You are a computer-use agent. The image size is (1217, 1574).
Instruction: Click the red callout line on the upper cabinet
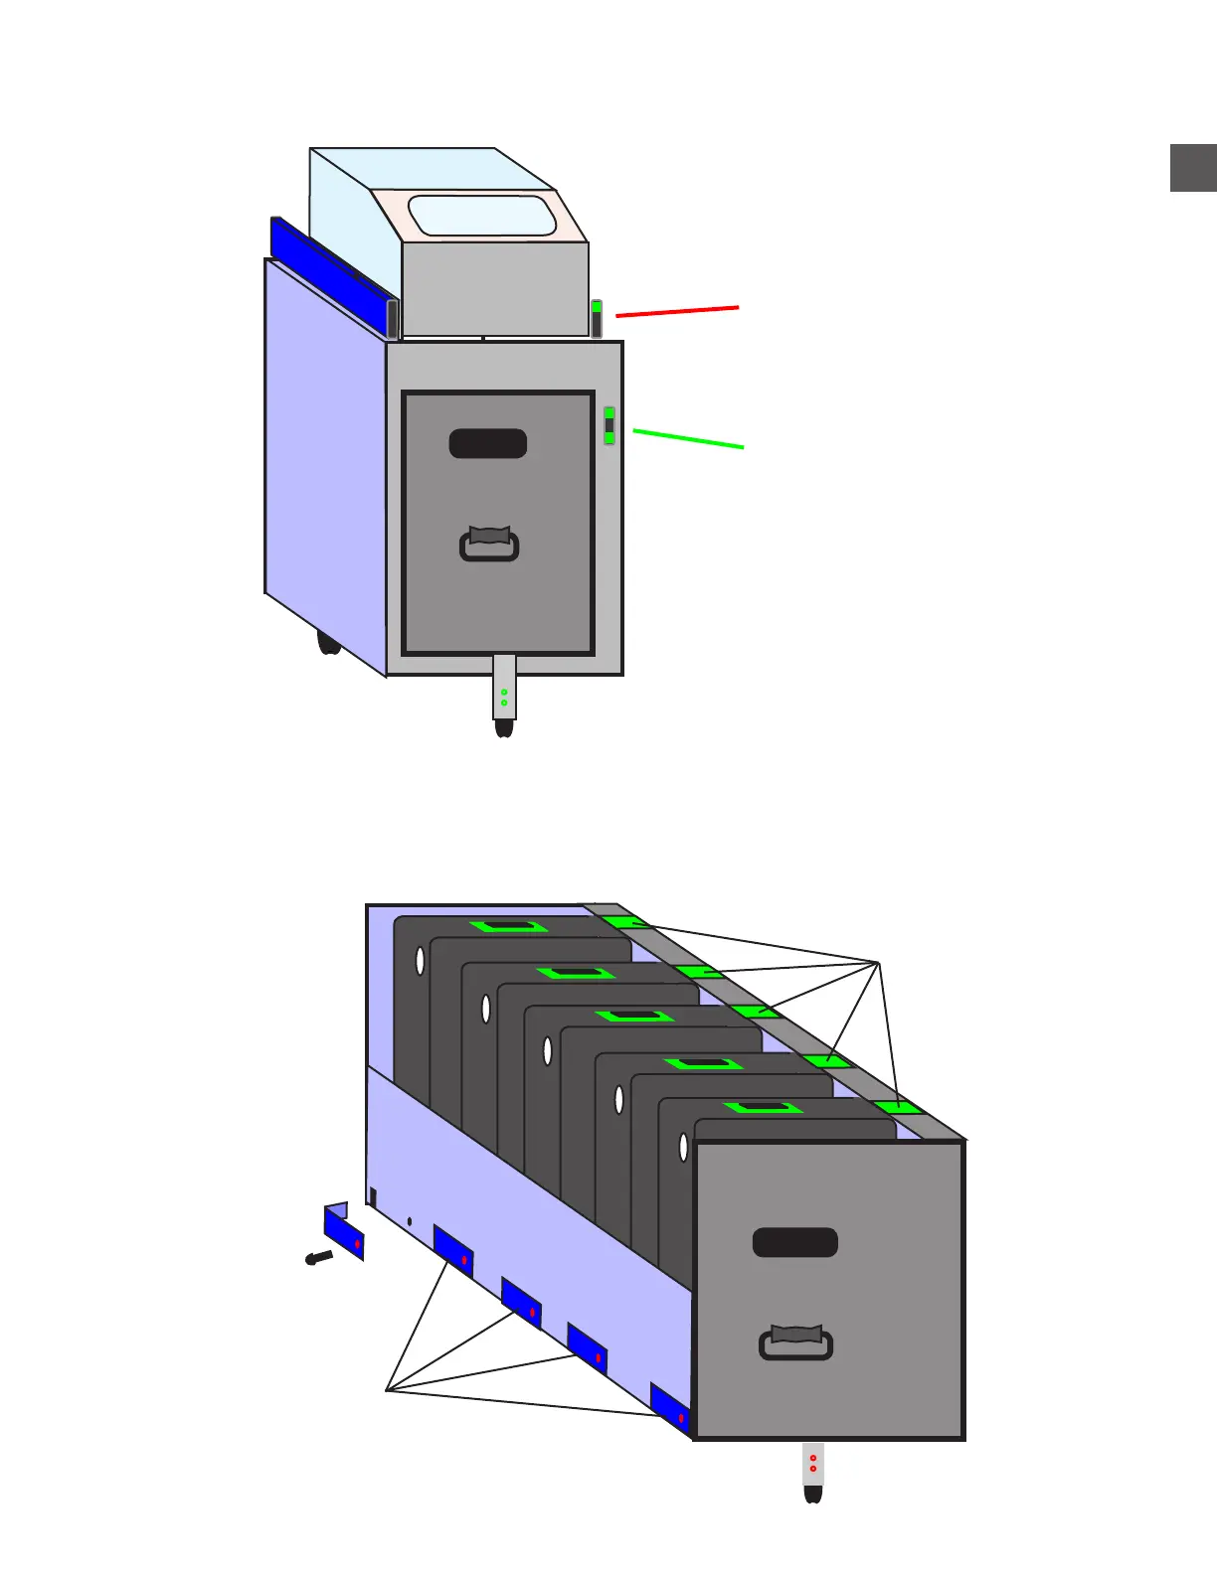point(677,312)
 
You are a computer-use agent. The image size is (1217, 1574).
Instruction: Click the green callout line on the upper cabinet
point(688,438)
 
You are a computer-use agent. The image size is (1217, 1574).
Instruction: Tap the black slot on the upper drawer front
point(487,443)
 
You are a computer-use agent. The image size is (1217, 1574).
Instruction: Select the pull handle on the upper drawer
point(489,545)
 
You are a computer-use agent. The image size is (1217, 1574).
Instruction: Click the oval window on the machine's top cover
point(482,216)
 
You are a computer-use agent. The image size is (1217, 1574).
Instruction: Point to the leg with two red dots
point(813,1465)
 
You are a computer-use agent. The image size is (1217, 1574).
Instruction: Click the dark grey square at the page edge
point(1193,167)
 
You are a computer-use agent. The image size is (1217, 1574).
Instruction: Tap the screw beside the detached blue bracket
point(318,1258)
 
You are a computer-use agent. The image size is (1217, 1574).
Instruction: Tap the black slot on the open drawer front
point(795,1242)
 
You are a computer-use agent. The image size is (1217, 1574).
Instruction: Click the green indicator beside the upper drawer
point(609,425)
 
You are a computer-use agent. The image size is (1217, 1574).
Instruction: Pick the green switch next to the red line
point(597,318)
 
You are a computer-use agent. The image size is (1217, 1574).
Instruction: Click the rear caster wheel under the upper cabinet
point(328,642)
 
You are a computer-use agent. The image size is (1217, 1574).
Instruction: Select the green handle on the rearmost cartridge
point(509,926)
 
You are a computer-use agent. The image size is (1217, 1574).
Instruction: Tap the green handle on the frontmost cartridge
point(763,1107)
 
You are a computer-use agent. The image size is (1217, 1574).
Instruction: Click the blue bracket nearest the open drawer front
point(669,1408)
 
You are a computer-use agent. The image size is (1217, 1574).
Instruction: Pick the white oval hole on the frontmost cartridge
point(683,1147)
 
